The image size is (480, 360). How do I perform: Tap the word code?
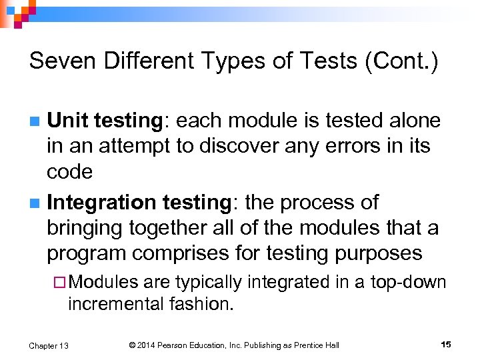tap(69, 172)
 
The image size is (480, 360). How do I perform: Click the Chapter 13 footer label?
tap(49, 345)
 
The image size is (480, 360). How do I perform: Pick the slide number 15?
tap(446, 344)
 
